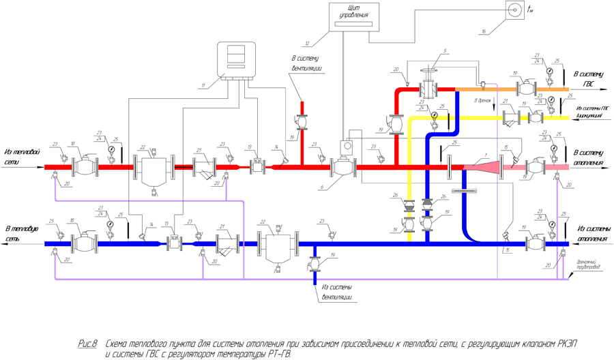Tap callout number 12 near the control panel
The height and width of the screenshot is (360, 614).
[x=308, y=44]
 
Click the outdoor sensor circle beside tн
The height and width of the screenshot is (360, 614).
[x=512, y=9]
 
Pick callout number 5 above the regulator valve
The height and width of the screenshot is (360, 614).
[x=445, y=51]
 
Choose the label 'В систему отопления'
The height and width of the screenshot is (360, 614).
[x=588, y=157]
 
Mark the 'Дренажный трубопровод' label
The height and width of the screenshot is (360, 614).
[x=588, y=264]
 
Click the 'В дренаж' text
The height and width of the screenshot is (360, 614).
[x=482, y=100]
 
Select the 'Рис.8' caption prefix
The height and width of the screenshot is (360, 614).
[x=88, y=342]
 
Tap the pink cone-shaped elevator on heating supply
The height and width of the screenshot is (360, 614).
[x=481, y=166]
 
